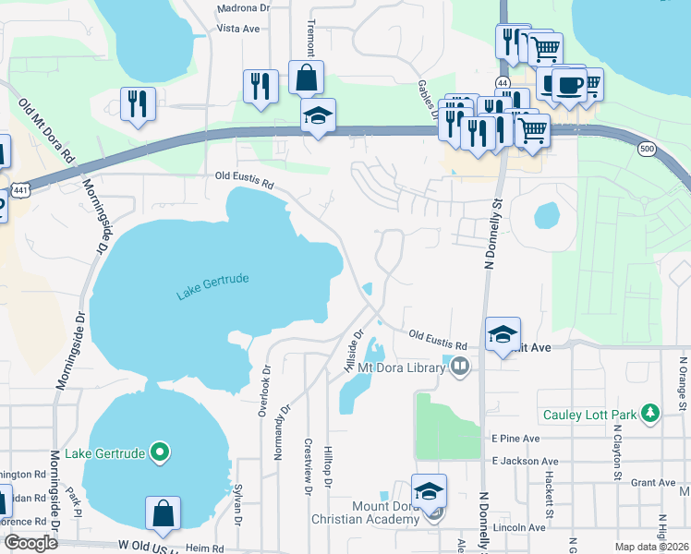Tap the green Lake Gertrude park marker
[x=160, y=452]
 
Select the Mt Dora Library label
[x=404, y=368]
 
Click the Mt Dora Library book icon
[x=460, y=368]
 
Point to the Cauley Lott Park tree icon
[x=651, y=415]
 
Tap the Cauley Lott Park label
[x=590, y=415]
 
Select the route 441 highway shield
[x=18, y=189]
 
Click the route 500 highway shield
[x=646, y=148]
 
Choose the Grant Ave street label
[x=653, y=483]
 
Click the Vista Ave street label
[x=238, y=29]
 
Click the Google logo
[x=30, y=543]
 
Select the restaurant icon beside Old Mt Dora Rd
[x=139, y=102]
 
